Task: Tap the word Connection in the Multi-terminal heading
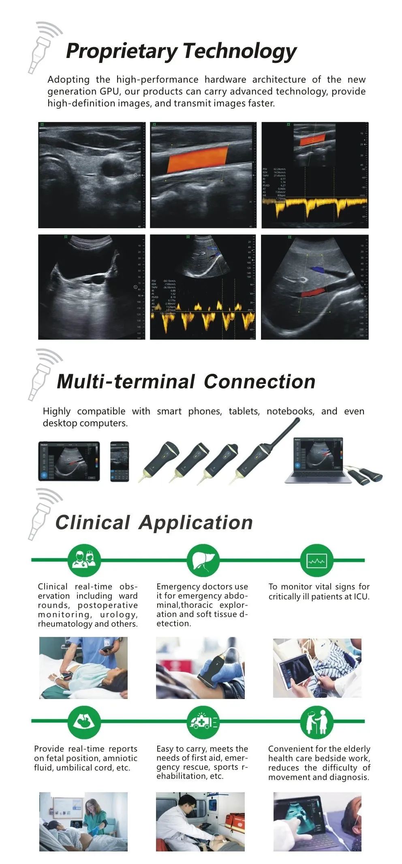click(x=259, y=382)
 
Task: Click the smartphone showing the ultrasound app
click(x=120, y=461)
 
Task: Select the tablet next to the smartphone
click(x=69, y=461)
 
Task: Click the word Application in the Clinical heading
click(x=196, y=523)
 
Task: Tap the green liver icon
click(x=203, y=561)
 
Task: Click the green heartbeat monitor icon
click(x=316, y=561)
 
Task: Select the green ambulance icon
click(x=203, y=722)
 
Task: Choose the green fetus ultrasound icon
click(x=84, y=722)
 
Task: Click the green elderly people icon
click(x=316, y=722)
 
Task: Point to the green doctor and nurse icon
click(x=84, y=561)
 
